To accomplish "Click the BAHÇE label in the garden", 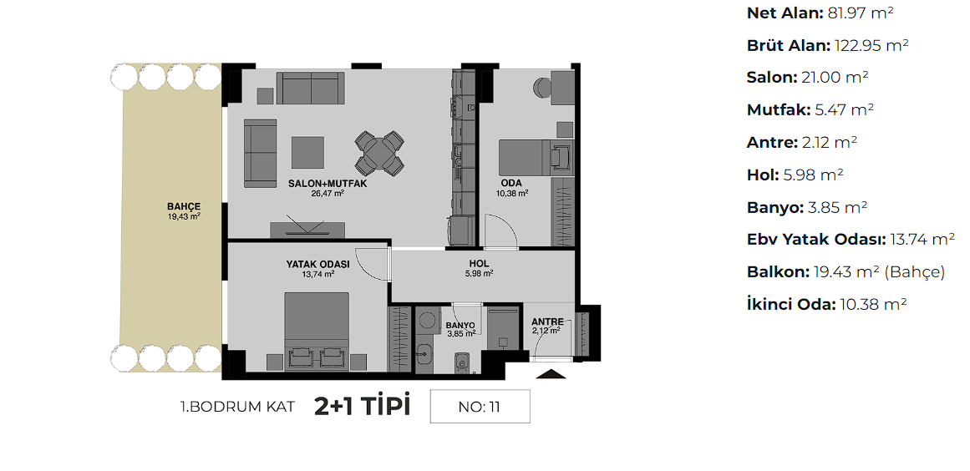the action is pos(184,206).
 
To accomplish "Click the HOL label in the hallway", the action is pos(480,263).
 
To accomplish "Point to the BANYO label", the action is pos(460,325).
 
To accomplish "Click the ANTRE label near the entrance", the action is pos(547,322).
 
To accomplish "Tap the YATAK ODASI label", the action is pos(318,264).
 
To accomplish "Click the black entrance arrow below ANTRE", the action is pos(551,372).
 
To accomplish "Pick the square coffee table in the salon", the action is pos(308,152).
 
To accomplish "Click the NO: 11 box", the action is pos(480,406).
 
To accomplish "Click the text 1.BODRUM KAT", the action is pos(237,407).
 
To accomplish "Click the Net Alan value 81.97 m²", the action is pos(861,13).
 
